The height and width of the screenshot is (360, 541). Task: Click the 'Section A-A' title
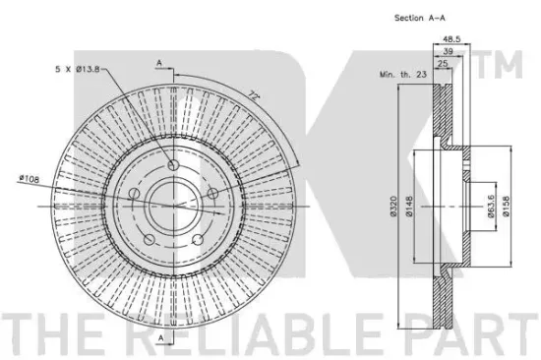420,18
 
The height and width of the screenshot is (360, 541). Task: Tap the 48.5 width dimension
451,39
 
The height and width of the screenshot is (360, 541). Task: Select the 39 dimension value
448,51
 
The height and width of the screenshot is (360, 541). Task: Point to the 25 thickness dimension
443,63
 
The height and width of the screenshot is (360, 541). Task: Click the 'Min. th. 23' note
403,74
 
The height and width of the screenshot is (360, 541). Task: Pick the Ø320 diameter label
394,207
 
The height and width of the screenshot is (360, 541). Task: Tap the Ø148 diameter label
409,207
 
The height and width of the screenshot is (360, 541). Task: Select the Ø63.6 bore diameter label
491,207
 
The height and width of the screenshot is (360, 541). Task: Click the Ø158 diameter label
507,207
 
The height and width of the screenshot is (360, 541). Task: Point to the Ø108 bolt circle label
30,178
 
